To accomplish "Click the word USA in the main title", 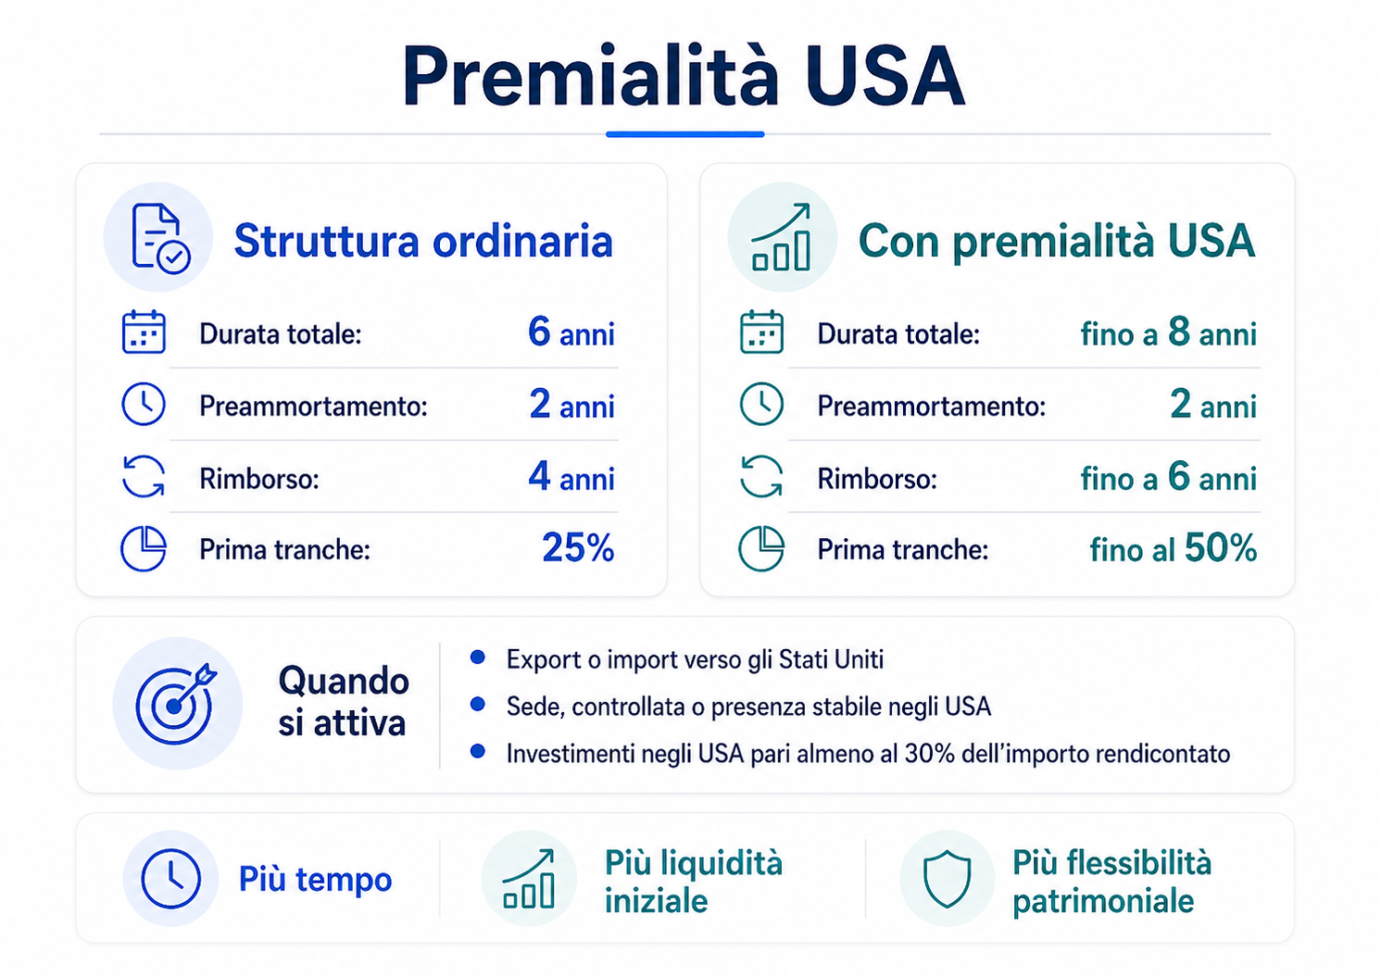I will [x=885, y=76].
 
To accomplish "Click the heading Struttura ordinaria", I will [x=423, y=241].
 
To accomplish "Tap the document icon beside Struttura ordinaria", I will [x=159, y=238].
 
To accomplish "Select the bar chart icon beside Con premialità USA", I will [x=782, y=238].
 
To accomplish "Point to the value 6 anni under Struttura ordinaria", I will [x=571, y=332].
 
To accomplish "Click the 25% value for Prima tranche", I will [x=578, y=548].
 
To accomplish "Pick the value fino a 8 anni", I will [x=1168, y=332].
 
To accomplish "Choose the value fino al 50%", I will [x=1173, y=548].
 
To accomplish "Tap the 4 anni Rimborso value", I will [x=571, y=477].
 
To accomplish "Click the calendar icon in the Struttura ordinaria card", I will [x=144, y=332].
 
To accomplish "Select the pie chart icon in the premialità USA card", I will [x=761, y=548].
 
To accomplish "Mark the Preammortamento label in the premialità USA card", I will [x=931, y=406].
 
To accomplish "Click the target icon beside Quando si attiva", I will [x=175, y=703].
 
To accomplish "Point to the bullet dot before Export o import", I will [x=478, y=658].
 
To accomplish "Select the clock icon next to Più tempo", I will [x=170, y=878].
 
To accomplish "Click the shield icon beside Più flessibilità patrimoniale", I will [x=947, y=879].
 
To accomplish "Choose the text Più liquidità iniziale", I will [x=693, y=881].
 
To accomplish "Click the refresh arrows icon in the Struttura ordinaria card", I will [x=144, y=477].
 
